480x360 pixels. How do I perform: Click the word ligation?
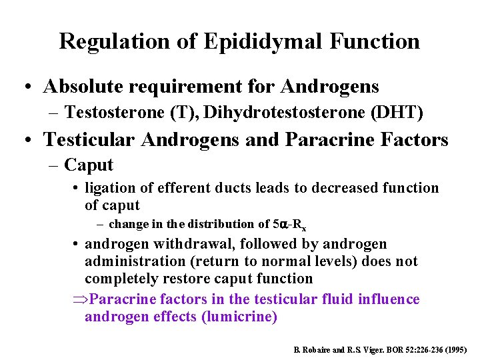[111, 189]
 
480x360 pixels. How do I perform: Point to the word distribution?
[223, 224]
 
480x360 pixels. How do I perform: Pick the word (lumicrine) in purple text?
[239, 316]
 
